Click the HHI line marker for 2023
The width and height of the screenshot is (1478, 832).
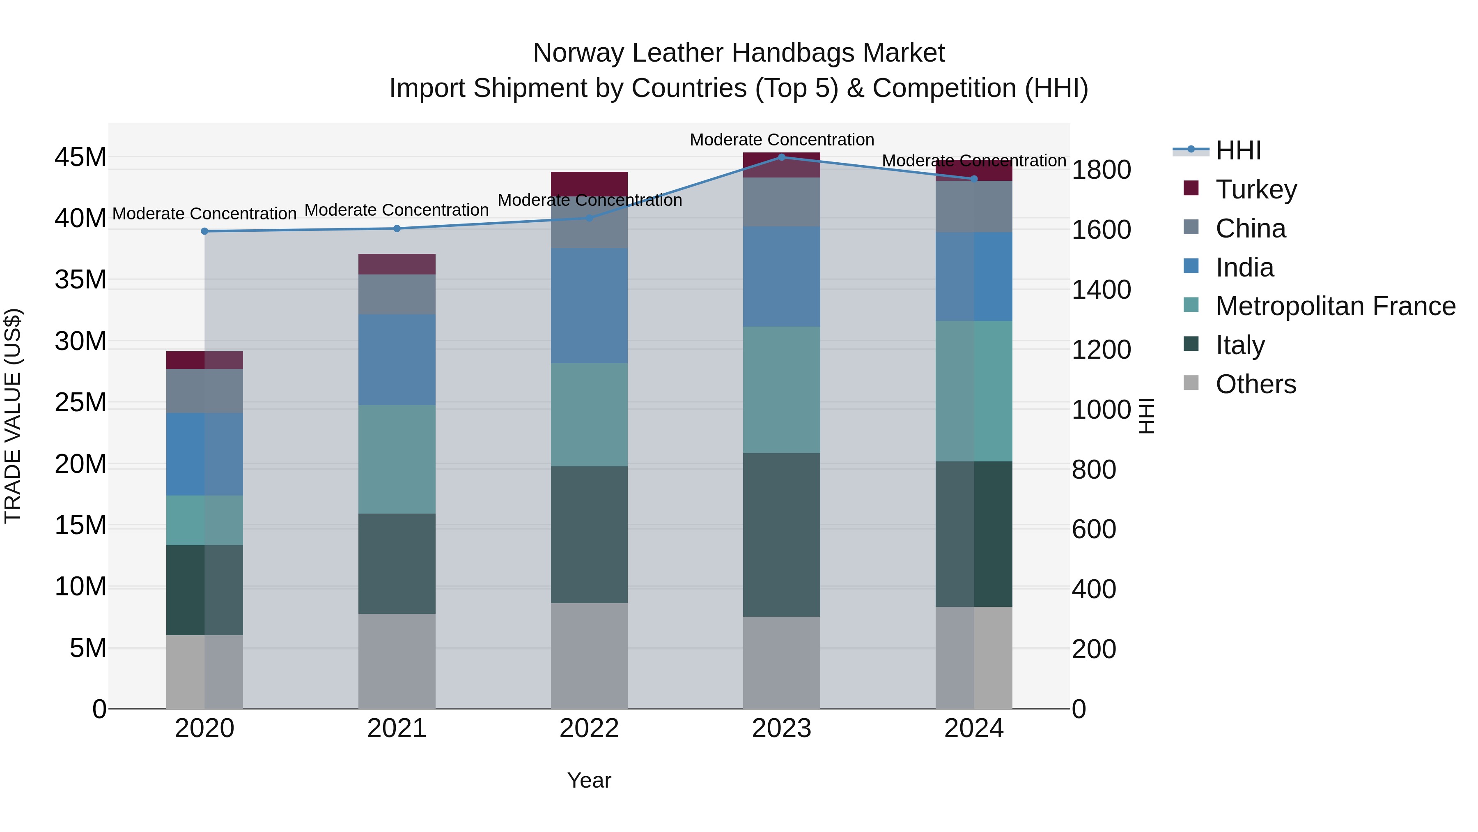781,157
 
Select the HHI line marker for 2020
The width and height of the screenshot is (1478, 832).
205,231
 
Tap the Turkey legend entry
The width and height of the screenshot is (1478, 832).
1255,189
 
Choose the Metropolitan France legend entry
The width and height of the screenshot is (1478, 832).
1335,306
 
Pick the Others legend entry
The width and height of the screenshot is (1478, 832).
1255,384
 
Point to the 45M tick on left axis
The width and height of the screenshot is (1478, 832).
80,157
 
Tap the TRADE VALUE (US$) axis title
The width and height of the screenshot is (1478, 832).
13,416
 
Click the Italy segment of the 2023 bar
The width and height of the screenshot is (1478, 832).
781,535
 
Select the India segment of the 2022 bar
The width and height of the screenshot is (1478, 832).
589,305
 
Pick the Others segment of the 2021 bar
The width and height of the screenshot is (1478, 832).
397,661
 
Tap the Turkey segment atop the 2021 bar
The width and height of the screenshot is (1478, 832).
397,264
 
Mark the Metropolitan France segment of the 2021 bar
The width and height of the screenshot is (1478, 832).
397,459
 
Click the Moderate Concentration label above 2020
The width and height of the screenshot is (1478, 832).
205,214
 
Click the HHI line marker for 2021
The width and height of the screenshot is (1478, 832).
397,228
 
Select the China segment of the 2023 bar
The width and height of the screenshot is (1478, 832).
781,202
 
